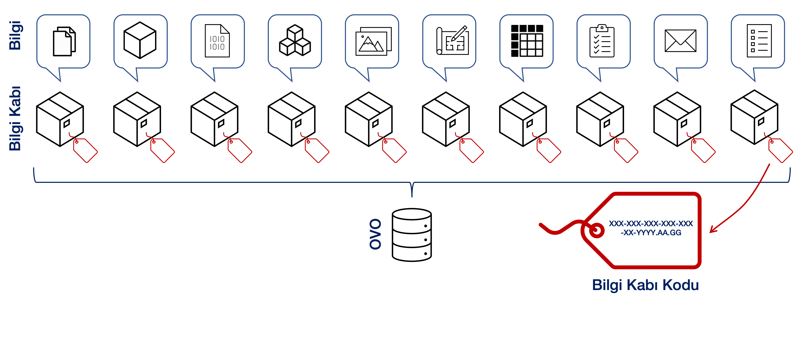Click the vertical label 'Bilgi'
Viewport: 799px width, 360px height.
(15, 35)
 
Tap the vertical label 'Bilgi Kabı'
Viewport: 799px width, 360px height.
(15, 118)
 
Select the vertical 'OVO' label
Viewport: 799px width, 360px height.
(375, 234)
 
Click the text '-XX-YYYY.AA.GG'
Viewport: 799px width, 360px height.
(651, 233)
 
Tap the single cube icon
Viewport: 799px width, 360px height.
(140, 40)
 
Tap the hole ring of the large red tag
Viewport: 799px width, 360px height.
(596, 230)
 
